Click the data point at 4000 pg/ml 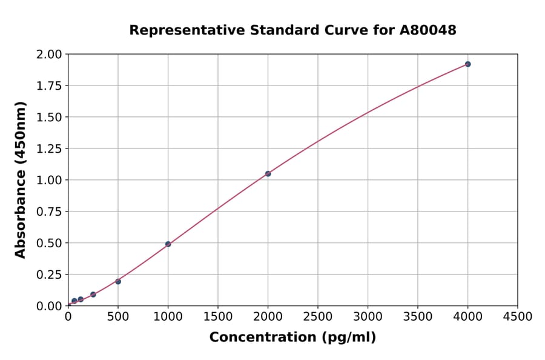[x=467, y=64]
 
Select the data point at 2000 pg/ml [x=268, y=174]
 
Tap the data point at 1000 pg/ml [x=168, y=244]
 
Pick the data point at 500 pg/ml [x=118, y=281]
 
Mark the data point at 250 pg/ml [x=93, y=295]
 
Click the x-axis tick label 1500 [x=218, y=316]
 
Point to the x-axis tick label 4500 [x=517, y=316]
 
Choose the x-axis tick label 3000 [x=368, y=316]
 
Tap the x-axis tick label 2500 [x=318, y=316]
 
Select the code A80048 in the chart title [x=429, y=30]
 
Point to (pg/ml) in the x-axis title [x=350, y=338]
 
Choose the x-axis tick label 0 [x=68, y=316]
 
